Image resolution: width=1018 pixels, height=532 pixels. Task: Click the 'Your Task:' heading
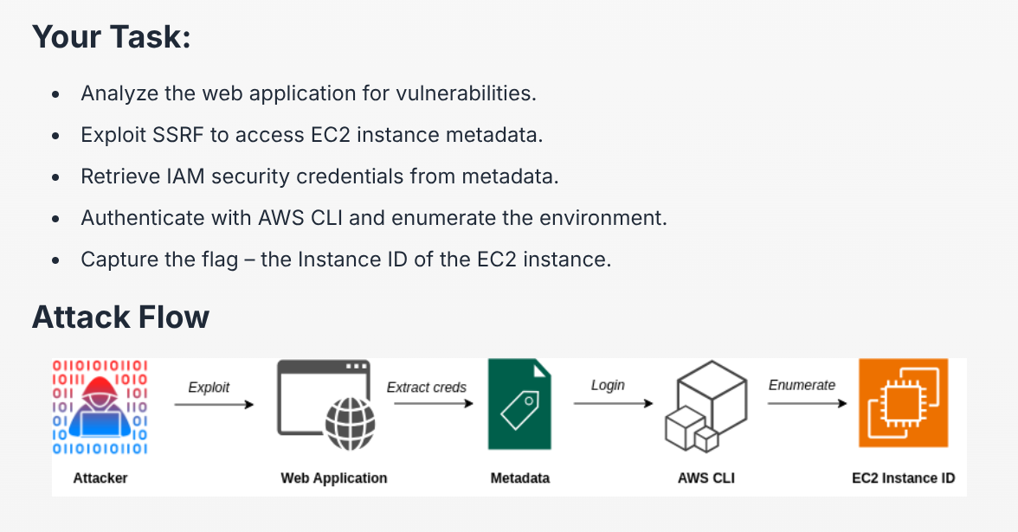coord(112,36)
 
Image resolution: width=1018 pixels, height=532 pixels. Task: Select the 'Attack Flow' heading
coord(120,317)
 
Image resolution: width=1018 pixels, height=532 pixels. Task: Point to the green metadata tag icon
coord(519,404)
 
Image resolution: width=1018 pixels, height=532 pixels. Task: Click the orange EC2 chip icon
coord(903,403)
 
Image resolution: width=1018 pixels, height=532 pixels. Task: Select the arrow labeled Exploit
coord(221,404)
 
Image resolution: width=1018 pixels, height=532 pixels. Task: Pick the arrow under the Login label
coord(612,402)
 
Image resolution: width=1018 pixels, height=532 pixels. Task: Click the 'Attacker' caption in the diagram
coord(100,478)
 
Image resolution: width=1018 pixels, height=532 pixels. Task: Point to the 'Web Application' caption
coord(334,478)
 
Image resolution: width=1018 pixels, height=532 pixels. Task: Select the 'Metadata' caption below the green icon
coord(520,478)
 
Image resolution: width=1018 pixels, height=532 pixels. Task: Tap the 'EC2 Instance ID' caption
coord(904,478)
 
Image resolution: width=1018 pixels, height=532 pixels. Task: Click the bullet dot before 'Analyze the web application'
coord(56,94)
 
